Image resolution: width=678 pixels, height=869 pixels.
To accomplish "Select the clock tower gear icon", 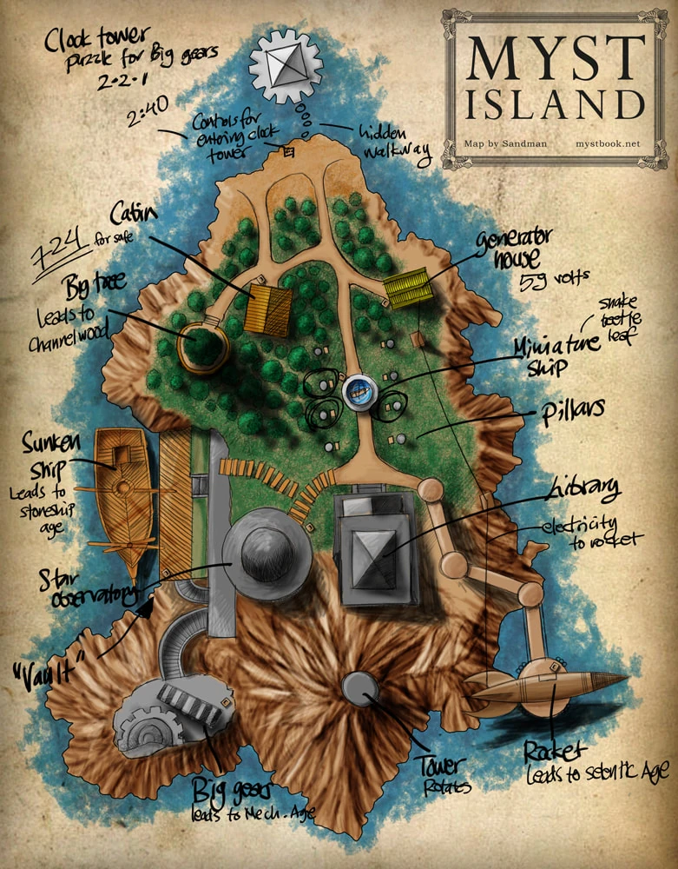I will [x=286, y=66].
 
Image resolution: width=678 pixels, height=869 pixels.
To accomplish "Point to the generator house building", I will [x=408, y=289].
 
